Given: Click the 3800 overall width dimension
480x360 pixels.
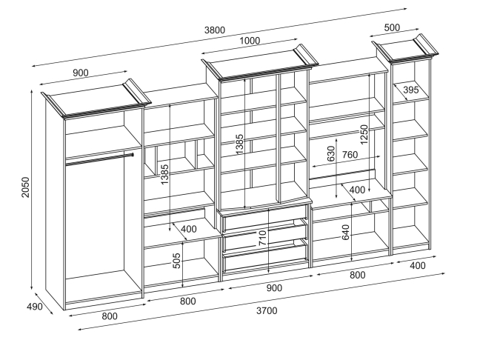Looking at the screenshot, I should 216,30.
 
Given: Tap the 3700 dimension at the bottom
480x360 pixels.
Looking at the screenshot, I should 267,310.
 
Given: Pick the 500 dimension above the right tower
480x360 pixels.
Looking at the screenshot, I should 392,28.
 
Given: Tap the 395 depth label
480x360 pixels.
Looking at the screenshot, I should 411,90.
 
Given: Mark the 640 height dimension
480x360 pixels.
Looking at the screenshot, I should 344,233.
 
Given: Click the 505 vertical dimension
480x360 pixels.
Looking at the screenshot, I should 177,261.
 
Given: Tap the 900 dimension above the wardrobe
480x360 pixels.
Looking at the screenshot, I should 82,73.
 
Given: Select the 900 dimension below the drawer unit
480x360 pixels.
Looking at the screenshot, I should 274,287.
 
